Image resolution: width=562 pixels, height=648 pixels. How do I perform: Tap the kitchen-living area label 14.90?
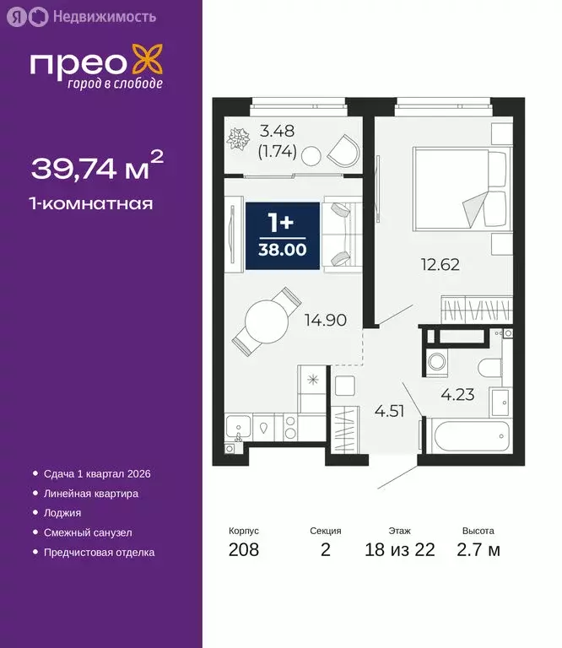point(328,319)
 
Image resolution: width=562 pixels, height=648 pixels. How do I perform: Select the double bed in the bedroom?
point(462,189)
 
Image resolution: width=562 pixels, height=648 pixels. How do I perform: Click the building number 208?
point(244,550)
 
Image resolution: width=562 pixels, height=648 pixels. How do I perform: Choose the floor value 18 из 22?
point(400,550)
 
